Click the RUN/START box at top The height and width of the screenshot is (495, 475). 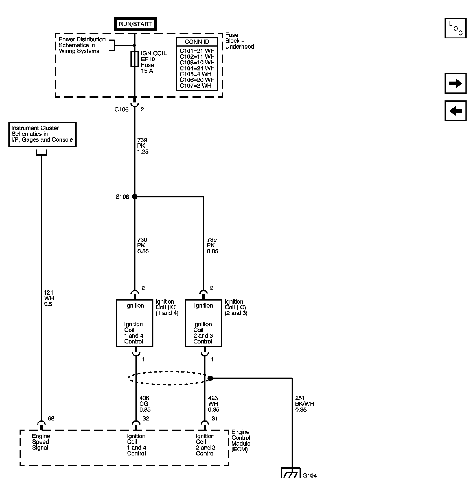pos(135,24)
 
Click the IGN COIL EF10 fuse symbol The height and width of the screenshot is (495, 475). pos(134,59)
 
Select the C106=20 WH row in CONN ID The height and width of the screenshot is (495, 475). pos(197,80)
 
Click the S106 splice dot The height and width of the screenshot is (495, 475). pos(135,197)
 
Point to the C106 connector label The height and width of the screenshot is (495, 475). pos(121,109)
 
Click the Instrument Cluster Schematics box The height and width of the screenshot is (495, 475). pos(42,134)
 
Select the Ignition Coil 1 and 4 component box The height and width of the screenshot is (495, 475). pos(134,323)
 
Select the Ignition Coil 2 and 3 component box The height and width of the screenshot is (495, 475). pos(203,323)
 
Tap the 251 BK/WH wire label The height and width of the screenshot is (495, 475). pos(304,404)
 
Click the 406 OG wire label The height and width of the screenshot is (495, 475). pos(145,404)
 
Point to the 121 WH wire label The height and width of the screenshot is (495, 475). pos(48,298)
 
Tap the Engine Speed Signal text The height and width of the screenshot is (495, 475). pos(40,442)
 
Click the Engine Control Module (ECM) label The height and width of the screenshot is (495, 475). pos(240,440)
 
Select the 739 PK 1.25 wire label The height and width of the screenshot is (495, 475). pos(142,146)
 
